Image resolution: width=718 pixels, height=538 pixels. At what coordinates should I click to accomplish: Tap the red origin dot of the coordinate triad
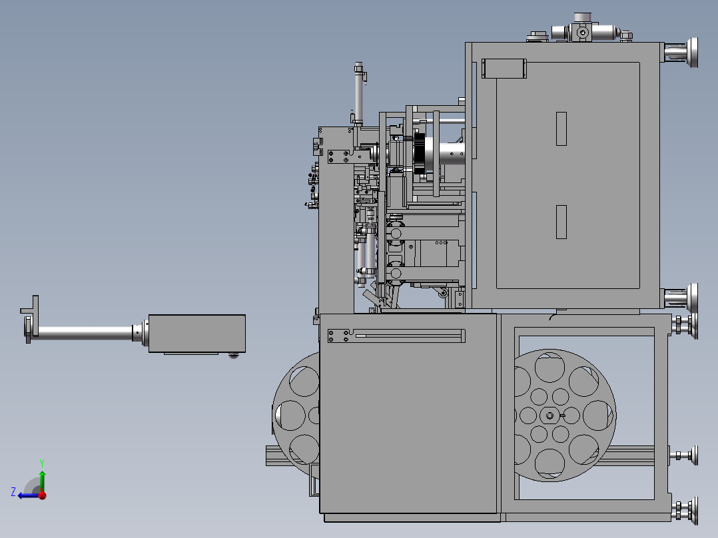click(x=42, y=495)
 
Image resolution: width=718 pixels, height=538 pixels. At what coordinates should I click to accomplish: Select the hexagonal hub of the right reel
click(x=550, y=416)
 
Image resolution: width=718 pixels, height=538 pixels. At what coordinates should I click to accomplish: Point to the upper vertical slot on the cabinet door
click(x=561, y=129)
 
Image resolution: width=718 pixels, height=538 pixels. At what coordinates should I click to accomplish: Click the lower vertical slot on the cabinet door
click(x=561, y=222)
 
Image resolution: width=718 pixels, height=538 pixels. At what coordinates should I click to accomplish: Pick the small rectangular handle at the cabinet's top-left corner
click(x=504, y=68)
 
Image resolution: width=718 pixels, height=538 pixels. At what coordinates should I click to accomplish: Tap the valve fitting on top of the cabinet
click(x=582, y=31)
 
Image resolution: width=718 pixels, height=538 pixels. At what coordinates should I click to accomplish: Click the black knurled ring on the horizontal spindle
click(x=420, y=154)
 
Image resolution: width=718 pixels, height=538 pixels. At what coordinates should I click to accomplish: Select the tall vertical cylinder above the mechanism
click(x=359, y=93)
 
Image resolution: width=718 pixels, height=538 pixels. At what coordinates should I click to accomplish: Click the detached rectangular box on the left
click(x=196, y=333)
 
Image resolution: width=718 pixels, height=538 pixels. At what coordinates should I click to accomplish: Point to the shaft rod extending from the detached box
click(x=87, y=331)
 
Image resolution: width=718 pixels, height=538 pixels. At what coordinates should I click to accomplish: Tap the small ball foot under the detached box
click(x=233, y=355)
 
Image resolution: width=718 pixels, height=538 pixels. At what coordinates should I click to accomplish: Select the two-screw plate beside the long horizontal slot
click(x=339, y=336)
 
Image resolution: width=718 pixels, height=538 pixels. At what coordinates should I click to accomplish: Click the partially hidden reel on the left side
click(x=296, y=413)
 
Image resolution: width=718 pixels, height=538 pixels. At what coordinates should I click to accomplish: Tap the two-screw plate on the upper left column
click(x=338, y=156)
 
